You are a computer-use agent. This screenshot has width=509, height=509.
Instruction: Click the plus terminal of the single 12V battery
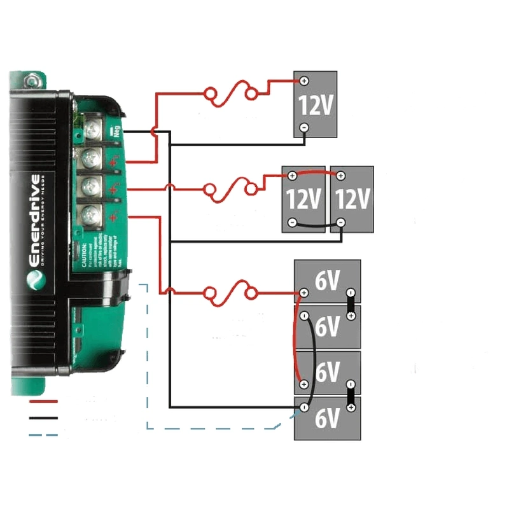click(x=304, y=81)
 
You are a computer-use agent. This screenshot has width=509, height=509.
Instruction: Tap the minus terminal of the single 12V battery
click(x=304, y=127)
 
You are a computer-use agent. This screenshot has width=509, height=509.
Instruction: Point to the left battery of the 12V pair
click(x=303, y=199)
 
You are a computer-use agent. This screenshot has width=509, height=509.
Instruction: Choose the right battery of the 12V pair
click(x=352, y=199)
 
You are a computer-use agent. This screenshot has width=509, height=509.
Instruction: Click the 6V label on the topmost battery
click(x=327, y=281)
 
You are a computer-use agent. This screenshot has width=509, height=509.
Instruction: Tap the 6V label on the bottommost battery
click(x=327, y=418)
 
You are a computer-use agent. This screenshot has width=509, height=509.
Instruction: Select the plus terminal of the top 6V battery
click(x=304, y=293)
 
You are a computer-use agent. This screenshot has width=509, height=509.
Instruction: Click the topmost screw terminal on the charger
click(x=93, y=131)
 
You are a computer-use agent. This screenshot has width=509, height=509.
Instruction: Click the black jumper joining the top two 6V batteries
click(x=349, y=304)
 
